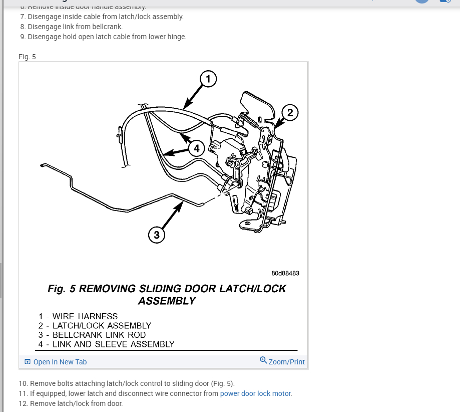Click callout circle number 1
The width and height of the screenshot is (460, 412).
coord(208,79)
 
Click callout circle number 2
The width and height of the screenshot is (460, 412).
coord(290,113)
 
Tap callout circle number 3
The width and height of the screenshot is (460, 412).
coord(157,234)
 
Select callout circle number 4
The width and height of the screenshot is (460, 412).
coord(197,148)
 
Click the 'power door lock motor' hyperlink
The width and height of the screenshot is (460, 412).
coord(255,393)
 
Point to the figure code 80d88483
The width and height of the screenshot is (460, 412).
coord(285,273)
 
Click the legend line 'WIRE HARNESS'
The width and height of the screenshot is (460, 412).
coord(85,317)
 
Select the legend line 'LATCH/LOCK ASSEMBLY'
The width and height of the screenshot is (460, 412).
coord(102,326)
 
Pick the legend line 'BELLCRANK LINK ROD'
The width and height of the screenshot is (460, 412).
coord(99,335)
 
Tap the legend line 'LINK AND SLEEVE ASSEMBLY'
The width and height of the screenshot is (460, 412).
coord(113,344)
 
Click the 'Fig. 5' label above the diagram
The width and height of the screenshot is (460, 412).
coord(27,57)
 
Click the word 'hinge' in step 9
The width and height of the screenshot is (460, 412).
coord(177,37)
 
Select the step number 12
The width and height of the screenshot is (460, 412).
coord(23,403)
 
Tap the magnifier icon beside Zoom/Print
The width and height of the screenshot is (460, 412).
coord(263,360)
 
